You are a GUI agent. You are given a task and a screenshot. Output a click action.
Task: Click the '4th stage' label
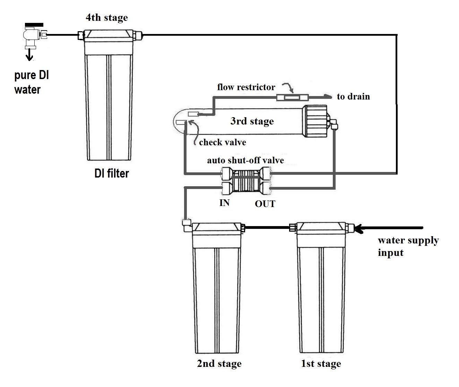pos(107,18)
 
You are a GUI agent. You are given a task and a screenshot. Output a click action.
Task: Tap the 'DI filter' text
pos(112,173)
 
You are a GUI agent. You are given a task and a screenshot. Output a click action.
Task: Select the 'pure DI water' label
pos(31,83)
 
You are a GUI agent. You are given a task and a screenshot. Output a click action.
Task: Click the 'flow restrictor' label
pos(246,87)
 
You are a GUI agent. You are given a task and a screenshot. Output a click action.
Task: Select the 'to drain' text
pos(353,96)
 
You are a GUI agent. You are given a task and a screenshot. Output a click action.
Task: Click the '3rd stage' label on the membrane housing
pos(252,121)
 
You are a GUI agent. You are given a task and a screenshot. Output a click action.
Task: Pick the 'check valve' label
pos(223,142)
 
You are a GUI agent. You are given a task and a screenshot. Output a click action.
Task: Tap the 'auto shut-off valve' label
pos(245,160)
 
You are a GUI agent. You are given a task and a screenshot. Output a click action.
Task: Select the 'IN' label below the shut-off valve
pos(225,203)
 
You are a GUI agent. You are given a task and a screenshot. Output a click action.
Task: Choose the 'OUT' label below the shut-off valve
pos(265,204)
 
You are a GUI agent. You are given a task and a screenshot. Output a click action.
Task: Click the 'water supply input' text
pos(408,246)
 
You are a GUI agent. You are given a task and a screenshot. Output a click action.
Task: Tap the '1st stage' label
pos(321,364)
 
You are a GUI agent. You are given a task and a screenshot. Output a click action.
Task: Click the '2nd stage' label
pos(219,364)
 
